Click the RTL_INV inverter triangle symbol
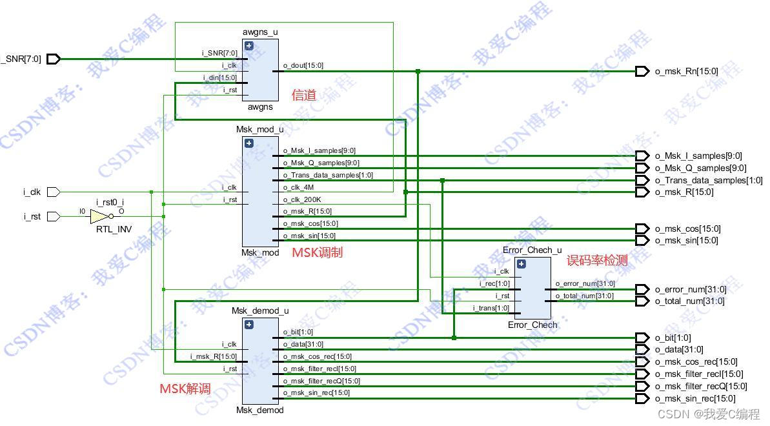pos(99,216)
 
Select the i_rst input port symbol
pos(54,216)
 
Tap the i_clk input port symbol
pos(54,192)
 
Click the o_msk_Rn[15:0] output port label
pos(686,72)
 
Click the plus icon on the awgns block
pos(248,46)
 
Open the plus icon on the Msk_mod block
pos(248,143)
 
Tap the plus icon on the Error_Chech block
pos(522,263)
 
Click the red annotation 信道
pos(304,96)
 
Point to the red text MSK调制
pos(317,252)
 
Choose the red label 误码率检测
pos(597,260)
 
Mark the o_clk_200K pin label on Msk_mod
pos(302,199)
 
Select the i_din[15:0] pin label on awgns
pos(220,77)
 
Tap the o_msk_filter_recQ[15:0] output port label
pos(701,387)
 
